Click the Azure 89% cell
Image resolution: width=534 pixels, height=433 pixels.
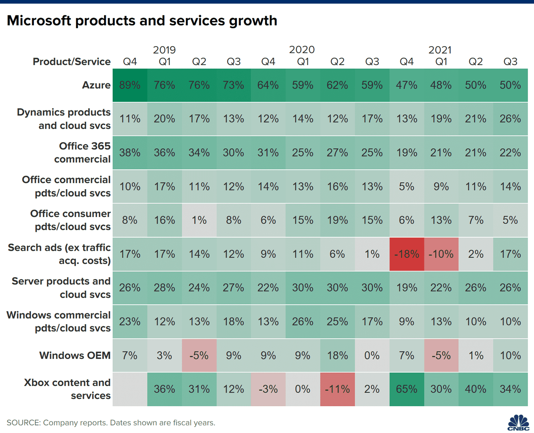130,85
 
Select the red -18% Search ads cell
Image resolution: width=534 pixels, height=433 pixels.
406,254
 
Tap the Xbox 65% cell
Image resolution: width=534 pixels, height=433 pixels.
406,389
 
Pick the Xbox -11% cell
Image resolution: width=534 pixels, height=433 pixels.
337,389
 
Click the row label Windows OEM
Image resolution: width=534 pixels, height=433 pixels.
75,355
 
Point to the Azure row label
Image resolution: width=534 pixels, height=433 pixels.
96,85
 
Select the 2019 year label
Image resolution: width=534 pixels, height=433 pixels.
164,50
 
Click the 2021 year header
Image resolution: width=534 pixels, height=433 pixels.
440,50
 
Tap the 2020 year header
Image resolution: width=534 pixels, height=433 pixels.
302,50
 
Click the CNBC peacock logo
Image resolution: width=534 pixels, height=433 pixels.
518,422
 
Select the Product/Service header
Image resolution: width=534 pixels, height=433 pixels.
72,62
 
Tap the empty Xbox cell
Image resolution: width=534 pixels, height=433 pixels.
130,389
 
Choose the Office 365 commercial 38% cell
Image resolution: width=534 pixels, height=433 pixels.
130,153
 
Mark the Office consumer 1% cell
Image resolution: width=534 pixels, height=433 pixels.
199,220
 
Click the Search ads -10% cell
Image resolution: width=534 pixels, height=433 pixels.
441,254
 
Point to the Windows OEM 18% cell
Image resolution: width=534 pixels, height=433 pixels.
337,355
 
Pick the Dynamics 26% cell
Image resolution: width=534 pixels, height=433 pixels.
510,119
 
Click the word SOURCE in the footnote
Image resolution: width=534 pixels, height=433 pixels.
23,423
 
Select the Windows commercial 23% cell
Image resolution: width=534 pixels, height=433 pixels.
130,322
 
